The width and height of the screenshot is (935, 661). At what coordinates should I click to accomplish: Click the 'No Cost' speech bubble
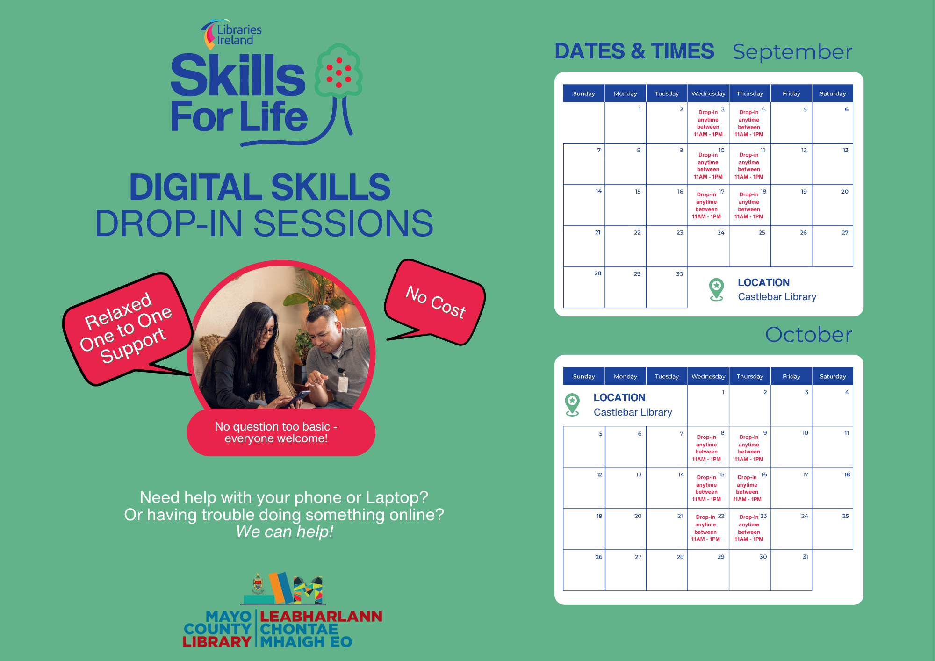pos(435,302)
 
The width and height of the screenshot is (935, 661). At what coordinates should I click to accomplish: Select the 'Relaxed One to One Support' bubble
pos(127,327)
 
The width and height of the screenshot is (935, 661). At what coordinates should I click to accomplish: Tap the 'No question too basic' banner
pos(280,432)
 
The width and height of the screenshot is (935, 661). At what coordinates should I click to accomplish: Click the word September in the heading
pos(792,52)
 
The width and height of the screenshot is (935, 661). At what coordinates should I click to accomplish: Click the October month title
pos(808,335)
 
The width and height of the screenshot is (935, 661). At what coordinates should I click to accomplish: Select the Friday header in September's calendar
pos(791,93)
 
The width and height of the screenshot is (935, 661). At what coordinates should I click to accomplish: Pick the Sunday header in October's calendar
pos(584,376)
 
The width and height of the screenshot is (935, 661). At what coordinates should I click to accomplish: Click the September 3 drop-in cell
pos(708,123)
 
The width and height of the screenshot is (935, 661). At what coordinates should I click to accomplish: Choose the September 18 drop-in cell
pos(749,205)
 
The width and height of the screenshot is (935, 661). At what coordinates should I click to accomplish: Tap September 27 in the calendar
pos(833,246)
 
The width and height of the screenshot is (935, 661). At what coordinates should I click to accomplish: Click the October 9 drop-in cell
pos(749,447)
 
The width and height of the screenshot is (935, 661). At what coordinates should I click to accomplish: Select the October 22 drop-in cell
pos(708,529)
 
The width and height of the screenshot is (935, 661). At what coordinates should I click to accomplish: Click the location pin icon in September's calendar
pos(716,289)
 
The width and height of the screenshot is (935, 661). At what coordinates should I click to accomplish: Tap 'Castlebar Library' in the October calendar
pos(633,412)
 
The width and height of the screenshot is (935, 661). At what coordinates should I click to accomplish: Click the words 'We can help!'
pos(284,532)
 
